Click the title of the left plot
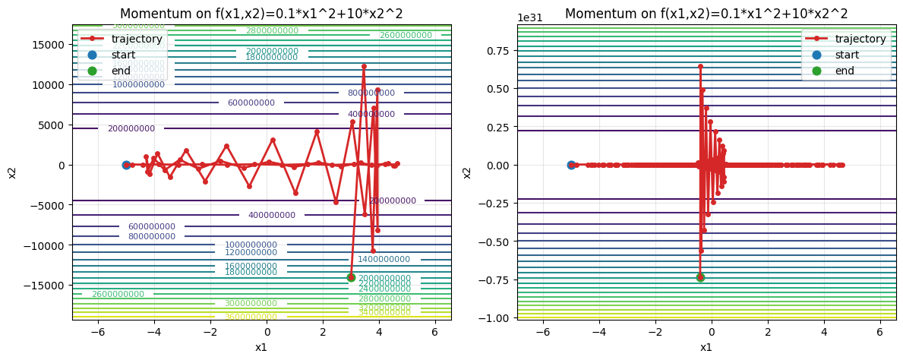pos(261,14)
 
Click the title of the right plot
pos(706,14)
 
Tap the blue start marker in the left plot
pos(126,165)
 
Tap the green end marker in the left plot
pos(351,277)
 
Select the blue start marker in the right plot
pos(571,165)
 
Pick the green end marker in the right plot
pos(700,277)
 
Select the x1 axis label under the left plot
pos(261,347)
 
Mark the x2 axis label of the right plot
pos(468,172)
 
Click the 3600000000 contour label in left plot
pos(251,317)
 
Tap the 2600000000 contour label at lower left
pos(118,294)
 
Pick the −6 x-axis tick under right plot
pos(542,331)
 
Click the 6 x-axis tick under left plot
pos(434,331)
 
